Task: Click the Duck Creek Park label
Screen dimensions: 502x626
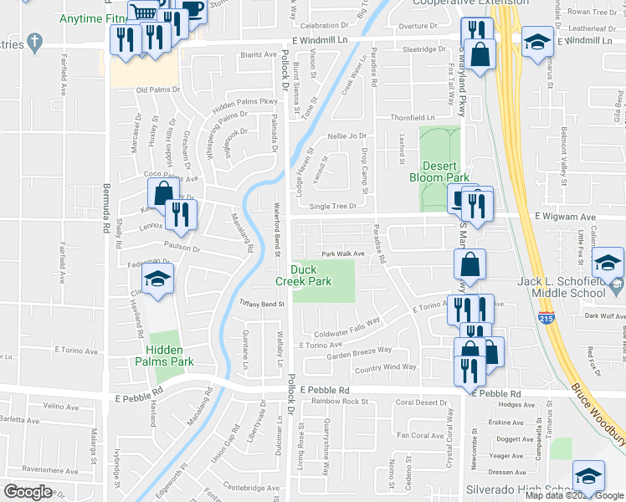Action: pos(310,275)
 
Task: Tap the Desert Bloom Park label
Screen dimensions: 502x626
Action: pos(439,172)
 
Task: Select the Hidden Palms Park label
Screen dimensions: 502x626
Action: pos(165,356)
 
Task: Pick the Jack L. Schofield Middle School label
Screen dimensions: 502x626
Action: pos(561,287)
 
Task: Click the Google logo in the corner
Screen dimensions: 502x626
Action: pos(28,492)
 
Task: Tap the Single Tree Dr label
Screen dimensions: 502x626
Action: pos(333,206)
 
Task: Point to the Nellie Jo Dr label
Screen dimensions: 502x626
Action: pos(347,136)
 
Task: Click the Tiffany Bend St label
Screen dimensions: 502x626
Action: pos(263,304)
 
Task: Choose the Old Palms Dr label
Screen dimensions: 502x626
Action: pos(158,90)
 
